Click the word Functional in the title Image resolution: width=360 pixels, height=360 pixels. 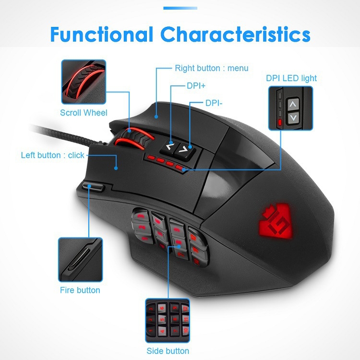click(102, 34)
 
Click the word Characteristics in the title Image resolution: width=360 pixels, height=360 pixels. click(235, 34)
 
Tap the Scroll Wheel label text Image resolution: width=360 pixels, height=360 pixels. click(84, 113)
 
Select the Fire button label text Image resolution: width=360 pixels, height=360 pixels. click(80, 290)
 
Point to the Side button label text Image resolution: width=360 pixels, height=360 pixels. click(168, 351)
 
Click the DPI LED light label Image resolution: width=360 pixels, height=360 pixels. click(291, 78)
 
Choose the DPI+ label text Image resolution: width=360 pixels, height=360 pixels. click(196, 86)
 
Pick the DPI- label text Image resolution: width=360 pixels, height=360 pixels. click(214, 103)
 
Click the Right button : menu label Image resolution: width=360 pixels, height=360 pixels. click(212, 68)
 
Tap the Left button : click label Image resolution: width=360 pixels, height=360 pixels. click(53, 155)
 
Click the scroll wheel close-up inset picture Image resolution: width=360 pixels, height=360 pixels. click(84, 82)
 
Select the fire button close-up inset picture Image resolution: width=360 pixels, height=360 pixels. click(80, 260)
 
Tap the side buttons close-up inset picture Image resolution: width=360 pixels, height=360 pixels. click(168, 321)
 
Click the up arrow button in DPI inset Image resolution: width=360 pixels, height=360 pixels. click(292, 105)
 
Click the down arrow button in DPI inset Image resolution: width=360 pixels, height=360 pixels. click(293, 118)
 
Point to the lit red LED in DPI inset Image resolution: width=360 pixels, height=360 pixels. click(280, 122)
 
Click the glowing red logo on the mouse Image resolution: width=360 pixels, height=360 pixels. click(276, 222)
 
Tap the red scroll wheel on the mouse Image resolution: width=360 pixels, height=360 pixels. click(134, 138)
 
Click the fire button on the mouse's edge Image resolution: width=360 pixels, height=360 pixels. click(93, 186)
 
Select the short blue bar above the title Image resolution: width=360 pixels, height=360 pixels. click(180, 8)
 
